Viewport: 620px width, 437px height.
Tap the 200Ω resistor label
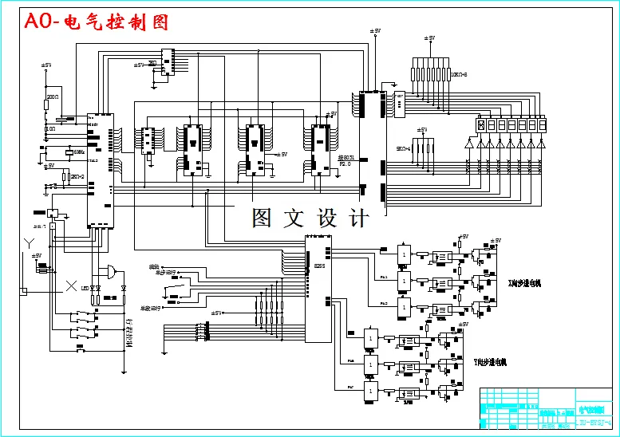click(52, 96)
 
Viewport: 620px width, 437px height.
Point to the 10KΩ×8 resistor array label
click(459, 75)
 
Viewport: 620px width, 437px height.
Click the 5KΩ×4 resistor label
click(403, 148)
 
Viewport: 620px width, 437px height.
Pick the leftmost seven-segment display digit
click(481, 125)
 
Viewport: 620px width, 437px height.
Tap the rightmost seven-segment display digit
click(542, 125)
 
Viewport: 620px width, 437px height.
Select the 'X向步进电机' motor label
click(524, 283)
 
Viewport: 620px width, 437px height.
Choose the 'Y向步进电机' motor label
click(490, 361)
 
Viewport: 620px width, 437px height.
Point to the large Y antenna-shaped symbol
click(31, 242)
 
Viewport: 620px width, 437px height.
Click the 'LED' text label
click(85, 288)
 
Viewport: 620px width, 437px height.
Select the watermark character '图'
click(263, 218)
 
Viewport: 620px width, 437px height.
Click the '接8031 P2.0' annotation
click(346, 160)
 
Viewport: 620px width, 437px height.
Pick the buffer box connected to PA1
click(405, 280)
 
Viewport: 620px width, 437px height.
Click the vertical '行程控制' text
click(128, 333)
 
